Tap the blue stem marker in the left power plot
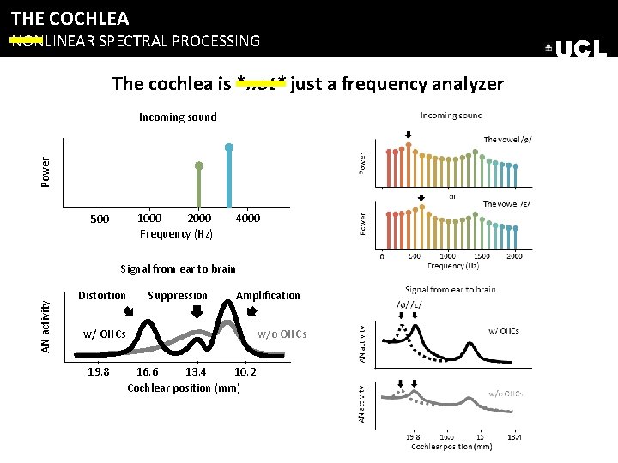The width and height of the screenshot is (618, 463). (x=229, y=147)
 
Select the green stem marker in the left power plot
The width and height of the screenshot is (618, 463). (x=198, y=165)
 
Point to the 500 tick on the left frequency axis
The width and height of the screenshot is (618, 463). (x=100, y=219)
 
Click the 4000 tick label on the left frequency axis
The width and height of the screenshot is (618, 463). (x=247, y=218)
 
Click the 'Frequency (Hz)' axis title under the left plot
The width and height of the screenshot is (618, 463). (x=177, y=233)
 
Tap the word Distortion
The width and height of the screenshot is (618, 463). (x=102, y=295)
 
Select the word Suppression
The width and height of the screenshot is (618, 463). (x=178, y=295)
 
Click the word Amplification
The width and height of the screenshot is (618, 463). (x=268, y=295)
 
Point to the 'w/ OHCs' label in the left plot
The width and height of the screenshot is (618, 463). (x=104, y=334)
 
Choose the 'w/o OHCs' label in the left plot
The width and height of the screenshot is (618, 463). (x=282, y=334)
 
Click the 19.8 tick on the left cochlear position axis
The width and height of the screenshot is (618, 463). (x=100, y=371)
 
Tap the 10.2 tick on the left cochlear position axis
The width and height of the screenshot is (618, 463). (x=245, y=371)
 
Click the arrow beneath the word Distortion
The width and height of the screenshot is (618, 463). (x=129, y=311)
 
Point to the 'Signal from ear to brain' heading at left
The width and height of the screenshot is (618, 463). (x=178, y=268)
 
